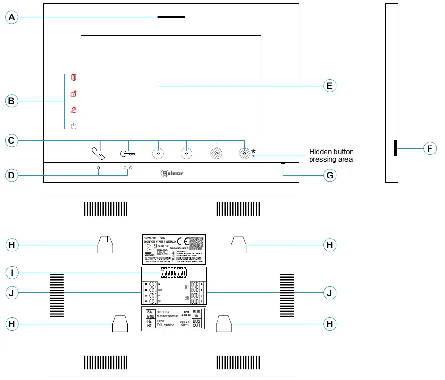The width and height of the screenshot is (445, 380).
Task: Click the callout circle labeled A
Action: (x=12, y=17)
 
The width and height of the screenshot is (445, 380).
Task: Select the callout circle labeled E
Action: (x=329, y=86)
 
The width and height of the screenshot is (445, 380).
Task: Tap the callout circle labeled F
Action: (x=429, y=149)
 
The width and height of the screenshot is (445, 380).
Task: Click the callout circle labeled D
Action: (x=12, y=175)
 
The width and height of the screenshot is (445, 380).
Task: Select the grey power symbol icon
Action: (x=73, y=126)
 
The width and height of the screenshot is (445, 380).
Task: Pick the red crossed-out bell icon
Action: (x=73, y=110)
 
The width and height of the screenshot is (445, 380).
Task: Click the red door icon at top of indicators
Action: (x=73, y=77)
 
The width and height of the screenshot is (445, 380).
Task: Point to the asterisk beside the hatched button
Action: (x=253, y=151)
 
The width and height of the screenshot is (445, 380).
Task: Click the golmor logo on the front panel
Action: (x=172, y=173)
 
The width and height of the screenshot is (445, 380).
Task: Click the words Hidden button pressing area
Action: (x=331, y=155)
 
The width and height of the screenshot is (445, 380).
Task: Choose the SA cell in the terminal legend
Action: (x=149, y=312)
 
